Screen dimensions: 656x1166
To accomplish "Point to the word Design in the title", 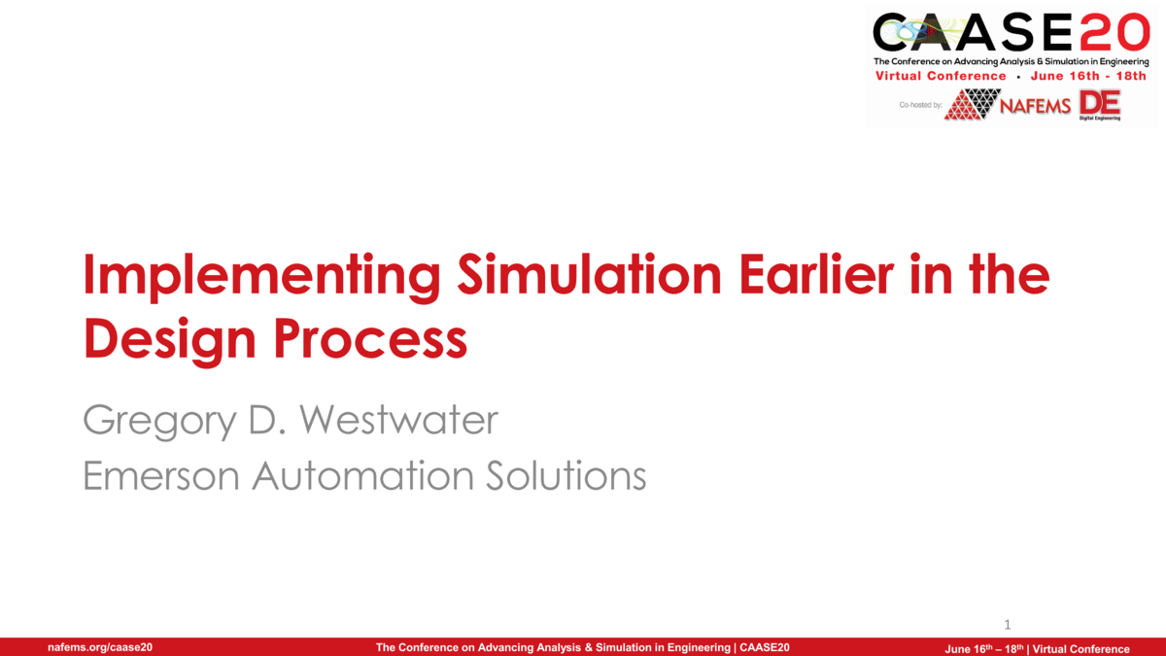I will coord(169,339).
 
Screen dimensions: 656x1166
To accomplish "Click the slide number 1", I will coord(1008,624).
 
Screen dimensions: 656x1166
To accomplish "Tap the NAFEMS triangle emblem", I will coord(972,104).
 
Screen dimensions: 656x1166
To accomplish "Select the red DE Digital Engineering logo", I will coord(1100,104).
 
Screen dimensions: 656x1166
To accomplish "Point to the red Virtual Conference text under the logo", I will coord(941,76).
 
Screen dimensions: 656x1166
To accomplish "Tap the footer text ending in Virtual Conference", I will coord(1037,648).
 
